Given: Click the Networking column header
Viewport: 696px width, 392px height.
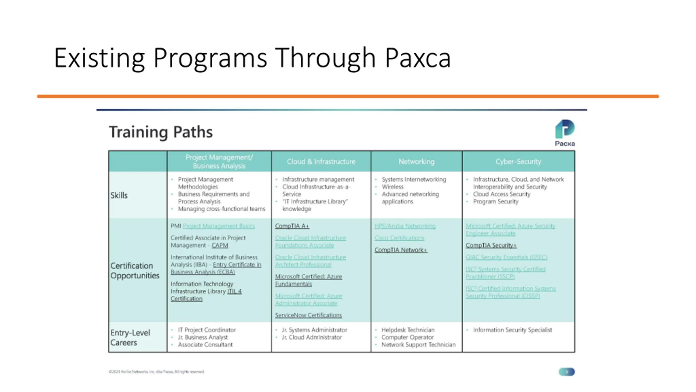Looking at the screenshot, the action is click(x=416, y=162).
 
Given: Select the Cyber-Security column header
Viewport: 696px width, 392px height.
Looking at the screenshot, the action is click(x=518, y=162).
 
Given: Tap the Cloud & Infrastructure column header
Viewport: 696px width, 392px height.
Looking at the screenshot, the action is click(x=321, y=162).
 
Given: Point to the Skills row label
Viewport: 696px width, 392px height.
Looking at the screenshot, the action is click(x=119, y=195).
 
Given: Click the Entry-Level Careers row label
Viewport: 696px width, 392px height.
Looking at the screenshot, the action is click(x=130, y=338).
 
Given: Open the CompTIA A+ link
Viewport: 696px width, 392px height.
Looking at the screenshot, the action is click(x=292, y=226).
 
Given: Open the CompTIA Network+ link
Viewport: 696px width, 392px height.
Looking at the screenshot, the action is click(x=401, y=250).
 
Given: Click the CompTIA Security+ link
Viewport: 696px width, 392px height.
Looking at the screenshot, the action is click(x=491, y=245).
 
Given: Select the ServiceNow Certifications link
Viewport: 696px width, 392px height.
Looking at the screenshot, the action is click(x=308, y=315).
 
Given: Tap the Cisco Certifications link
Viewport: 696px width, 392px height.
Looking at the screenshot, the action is click(x=399, y=238).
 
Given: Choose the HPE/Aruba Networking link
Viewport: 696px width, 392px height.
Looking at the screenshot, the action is click(x=405, y=226).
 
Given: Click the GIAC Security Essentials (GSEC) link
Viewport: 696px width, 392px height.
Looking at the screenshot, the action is click(x=506, y=257).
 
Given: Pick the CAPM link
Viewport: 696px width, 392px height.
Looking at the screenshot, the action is click(x=220, y=245).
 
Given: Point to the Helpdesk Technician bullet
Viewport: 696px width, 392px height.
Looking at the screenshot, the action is click(x=408, y=330).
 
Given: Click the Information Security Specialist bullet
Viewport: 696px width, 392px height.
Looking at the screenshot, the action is click(x=512, y=330).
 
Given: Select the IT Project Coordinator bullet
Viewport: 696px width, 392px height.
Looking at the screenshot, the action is click(x=207, y=330).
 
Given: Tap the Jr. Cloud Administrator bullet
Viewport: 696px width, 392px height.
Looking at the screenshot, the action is click(x=312, y=337).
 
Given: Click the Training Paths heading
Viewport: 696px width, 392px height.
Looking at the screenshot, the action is click(x=161, y=132).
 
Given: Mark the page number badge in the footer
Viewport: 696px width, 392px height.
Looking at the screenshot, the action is click(x=567, y=372).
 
